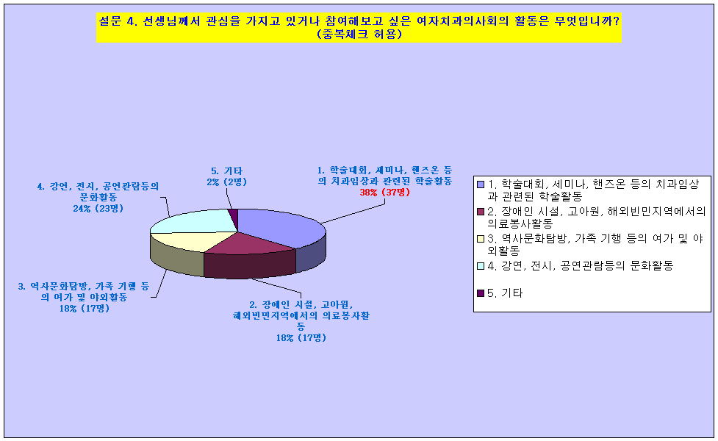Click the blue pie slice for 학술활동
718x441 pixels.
point(279,226)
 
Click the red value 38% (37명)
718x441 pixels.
point(384,193)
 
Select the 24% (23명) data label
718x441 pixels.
point(98,208)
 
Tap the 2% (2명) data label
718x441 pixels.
point(226,182)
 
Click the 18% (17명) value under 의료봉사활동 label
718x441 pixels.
point(301,338)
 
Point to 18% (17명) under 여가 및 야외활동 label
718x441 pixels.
point(85,309)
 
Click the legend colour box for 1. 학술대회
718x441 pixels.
point(481,184)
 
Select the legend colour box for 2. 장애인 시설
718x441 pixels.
point(481,212)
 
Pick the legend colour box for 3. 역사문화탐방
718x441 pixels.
point(481,239)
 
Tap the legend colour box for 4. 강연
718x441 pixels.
point(481,265)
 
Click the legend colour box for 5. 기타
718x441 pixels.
point(481,293)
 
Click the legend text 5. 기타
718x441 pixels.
point(505,293)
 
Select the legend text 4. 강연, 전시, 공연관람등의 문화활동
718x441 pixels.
point(580,265)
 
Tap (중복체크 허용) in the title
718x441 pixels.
point(359,35)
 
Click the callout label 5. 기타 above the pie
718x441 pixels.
point(226,171)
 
